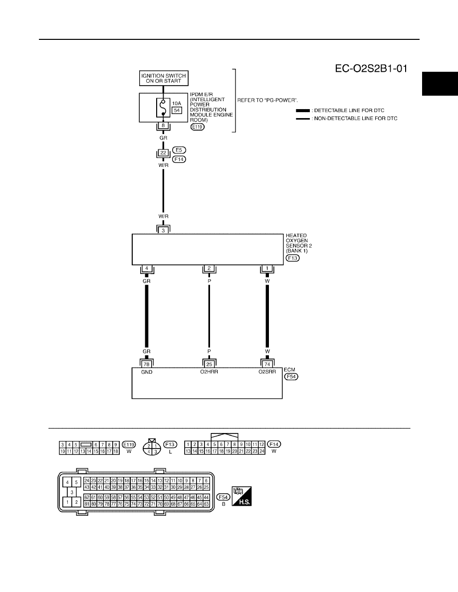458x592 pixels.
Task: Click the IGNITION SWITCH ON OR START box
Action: [164, 78]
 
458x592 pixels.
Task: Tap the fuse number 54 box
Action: [177, 110]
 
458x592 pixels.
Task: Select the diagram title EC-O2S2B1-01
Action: [371, 68]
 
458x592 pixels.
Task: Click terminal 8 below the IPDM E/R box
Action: [163, 126]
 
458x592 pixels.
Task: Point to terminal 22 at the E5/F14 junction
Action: [163, 152]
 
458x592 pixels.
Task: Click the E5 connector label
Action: [179, 150]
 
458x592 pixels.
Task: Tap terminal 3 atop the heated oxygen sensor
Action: [163, 230]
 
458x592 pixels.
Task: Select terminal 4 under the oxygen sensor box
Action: [147, 269]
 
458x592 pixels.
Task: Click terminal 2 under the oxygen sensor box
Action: [209, 269]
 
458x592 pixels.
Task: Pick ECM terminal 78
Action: [147, 364]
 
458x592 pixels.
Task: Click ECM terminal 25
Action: [209, 364]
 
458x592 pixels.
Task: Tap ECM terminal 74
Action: [267, 364]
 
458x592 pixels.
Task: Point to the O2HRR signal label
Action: [209, 372]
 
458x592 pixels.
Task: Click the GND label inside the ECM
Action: [147, 372]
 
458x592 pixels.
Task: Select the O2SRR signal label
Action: [267, 372]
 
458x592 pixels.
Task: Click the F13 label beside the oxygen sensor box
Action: [292, 258]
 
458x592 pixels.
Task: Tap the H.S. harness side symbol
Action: [241, 496]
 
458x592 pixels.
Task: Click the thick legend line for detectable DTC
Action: [303, 111]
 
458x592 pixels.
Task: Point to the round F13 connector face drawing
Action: [152, 448]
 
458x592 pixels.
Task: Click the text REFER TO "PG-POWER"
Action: [267, 101]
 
